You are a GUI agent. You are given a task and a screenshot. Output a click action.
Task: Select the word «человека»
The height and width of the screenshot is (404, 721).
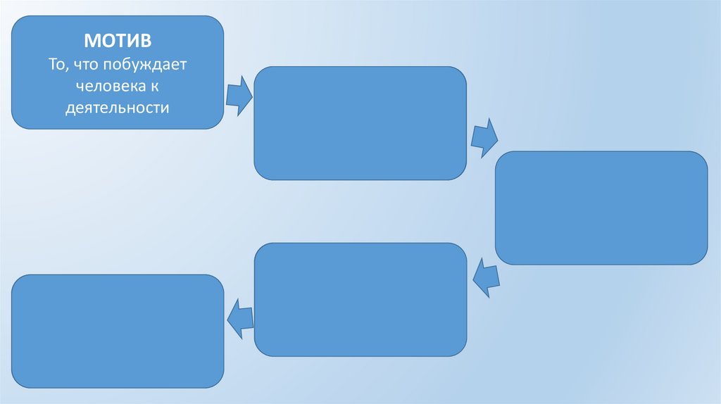coord(109,86)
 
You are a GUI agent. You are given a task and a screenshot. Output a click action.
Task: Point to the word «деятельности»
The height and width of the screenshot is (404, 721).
coord(118,108)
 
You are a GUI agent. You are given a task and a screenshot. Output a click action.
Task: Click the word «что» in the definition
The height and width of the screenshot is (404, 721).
coord(87,64)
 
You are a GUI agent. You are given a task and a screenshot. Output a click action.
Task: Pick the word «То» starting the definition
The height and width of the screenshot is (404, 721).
coord(56,64)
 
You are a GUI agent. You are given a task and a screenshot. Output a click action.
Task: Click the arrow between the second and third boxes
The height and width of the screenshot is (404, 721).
coord(484,137)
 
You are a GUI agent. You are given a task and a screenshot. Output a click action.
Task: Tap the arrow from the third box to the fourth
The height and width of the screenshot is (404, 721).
coord(486,277)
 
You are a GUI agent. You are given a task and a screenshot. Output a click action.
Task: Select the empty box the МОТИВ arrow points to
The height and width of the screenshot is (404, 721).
coord(360,123)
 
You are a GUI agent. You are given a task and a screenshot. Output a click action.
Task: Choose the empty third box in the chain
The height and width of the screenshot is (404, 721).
coord(601,208)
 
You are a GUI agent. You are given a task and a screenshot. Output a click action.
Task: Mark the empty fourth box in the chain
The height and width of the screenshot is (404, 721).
coord(360,299)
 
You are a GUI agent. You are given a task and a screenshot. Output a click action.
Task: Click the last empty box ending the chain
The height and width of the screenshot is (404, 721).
coord(118,331)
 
